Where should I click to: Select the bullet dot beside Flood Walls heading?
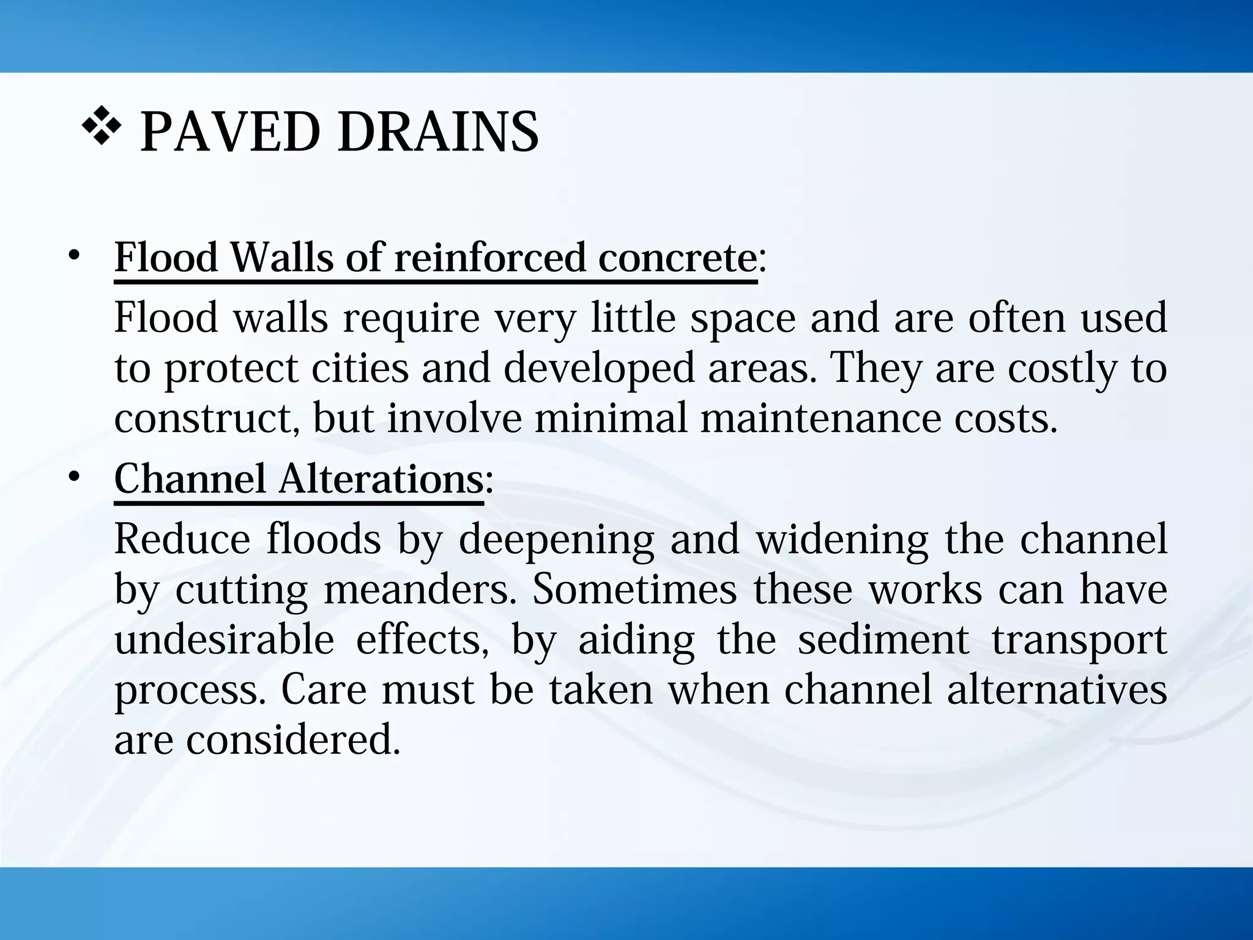click(74, 256)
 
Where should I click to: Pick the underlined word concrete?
click(677, 258)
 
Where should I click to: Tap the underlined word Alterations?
click(381, 478)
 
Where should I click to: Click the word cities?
click(360, 368)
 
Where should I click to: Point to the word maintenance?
click(819, 419)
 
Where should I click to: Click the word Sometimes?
click(634, 590)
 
